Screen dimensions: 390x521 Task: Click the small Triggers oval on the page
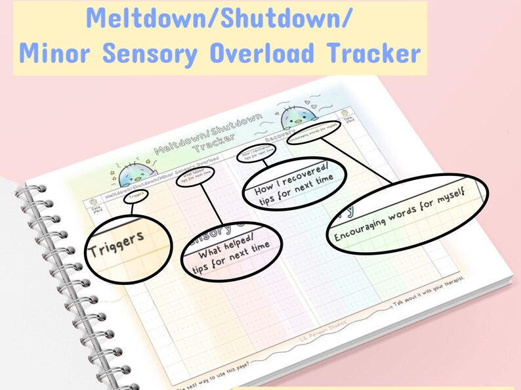[x=136, y=194]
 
